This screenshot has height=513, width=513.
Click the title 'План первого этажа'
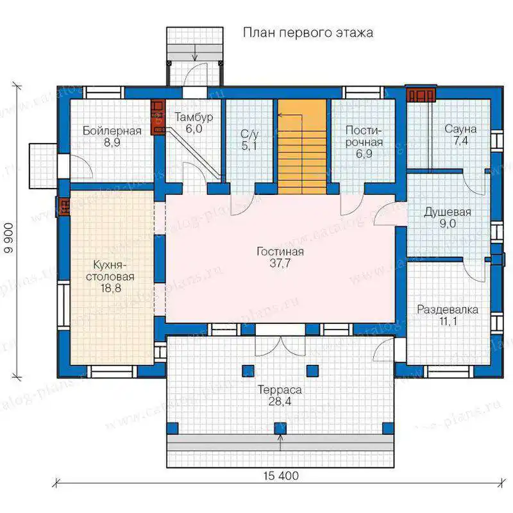click(308, 33)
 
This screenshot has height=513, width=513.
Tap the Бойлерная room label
click(112, 131)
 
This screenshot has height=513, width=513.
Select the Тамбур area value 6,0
click(194, 129)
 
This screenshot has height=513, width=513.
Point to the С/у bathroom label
click(249, 133)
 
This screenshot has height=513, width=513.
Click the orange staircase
click(302, 147)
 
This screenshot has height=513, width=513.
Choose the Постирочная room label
click(364, 137)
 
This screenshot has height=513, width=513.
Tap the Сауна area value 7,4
click(460, 140)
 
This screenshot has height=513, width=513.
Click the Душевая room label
click(447, 212)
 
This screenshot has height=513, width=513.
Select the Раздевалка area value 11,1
click(448, 321)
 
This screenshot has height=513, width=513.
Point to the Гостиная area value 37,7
click(280, 263)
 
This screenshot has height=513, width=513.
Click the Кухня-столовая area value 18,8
click(111, 288)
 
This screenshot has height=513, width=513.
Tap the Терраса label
click(280, 390)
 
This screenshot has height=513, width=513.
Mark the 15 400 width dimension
click(281, 475)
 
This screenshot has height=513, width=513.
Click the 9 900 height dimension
click(9, 238)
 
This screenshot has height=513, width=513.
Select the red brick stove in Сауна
click(421, 95)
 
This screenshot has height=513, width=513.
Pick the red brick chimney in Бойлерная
click(158, 117)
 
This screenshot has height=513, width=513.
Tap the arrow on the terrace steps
click(280, 442)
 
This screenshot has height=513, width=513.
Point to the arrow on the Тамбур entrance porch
click(195, 52)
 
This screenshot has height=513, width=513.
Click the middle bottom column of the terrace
click(280, 428)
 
